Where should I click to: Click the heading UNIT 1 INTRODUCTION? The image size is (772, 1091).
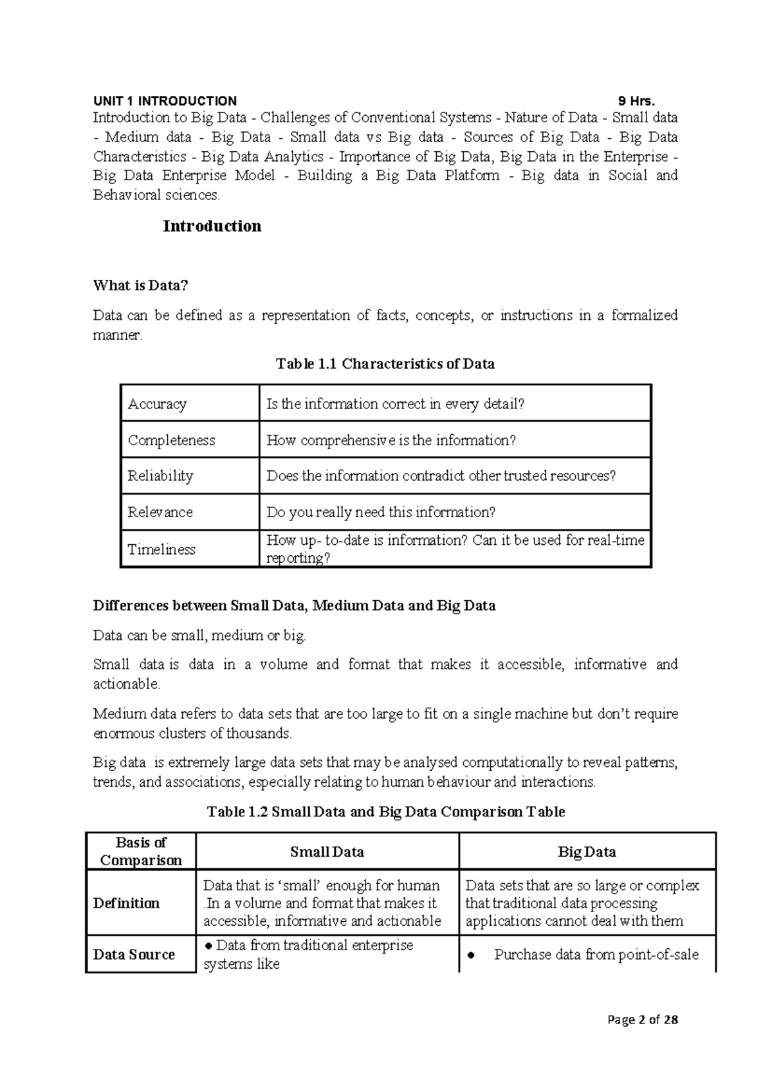tap(165, 101)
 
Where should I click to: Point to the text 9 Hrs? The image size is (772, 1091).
tap(636, 101)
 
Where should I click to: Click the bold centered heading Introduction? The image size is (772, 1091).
tap(212, 226)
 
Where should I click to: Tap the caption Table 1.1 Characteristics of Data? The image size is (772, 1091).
tap(385, 364)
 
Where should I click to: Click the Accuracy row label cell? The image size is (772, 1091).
tap(158, 404)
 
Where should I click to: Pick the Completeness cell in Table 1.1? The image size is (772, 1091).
tap(171, 440)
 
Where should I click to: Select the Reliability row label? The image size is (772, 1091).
tap(160, 476)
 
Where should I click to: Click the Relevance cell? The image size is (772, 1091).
tap(160, 512)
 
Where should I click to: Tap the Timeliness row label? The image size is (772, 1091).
tap(161, 549)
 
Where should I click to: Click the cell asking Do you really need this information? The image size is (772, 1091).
tap(381, 512)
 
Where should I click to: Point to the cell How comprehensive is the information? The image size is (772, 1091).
tap(391, 440)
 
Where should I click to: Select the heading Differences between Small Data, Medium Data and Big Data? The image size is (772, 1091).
tap(294, 606)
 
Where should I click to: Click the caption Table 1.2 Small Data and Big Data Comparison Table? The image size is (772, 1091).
tap(385, 812)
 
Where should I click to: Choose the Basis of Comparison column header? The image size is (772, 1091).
tap(141, 851)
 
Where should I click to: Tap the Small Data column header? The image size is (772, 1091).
tap(327, 852)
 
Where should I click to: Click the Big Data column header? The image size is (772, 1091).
tap(587, 852)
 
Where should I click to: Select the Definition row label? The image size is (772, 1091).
tap(126, 903)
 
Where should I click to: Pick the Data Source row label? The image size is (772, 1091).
tap(134, 955)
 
